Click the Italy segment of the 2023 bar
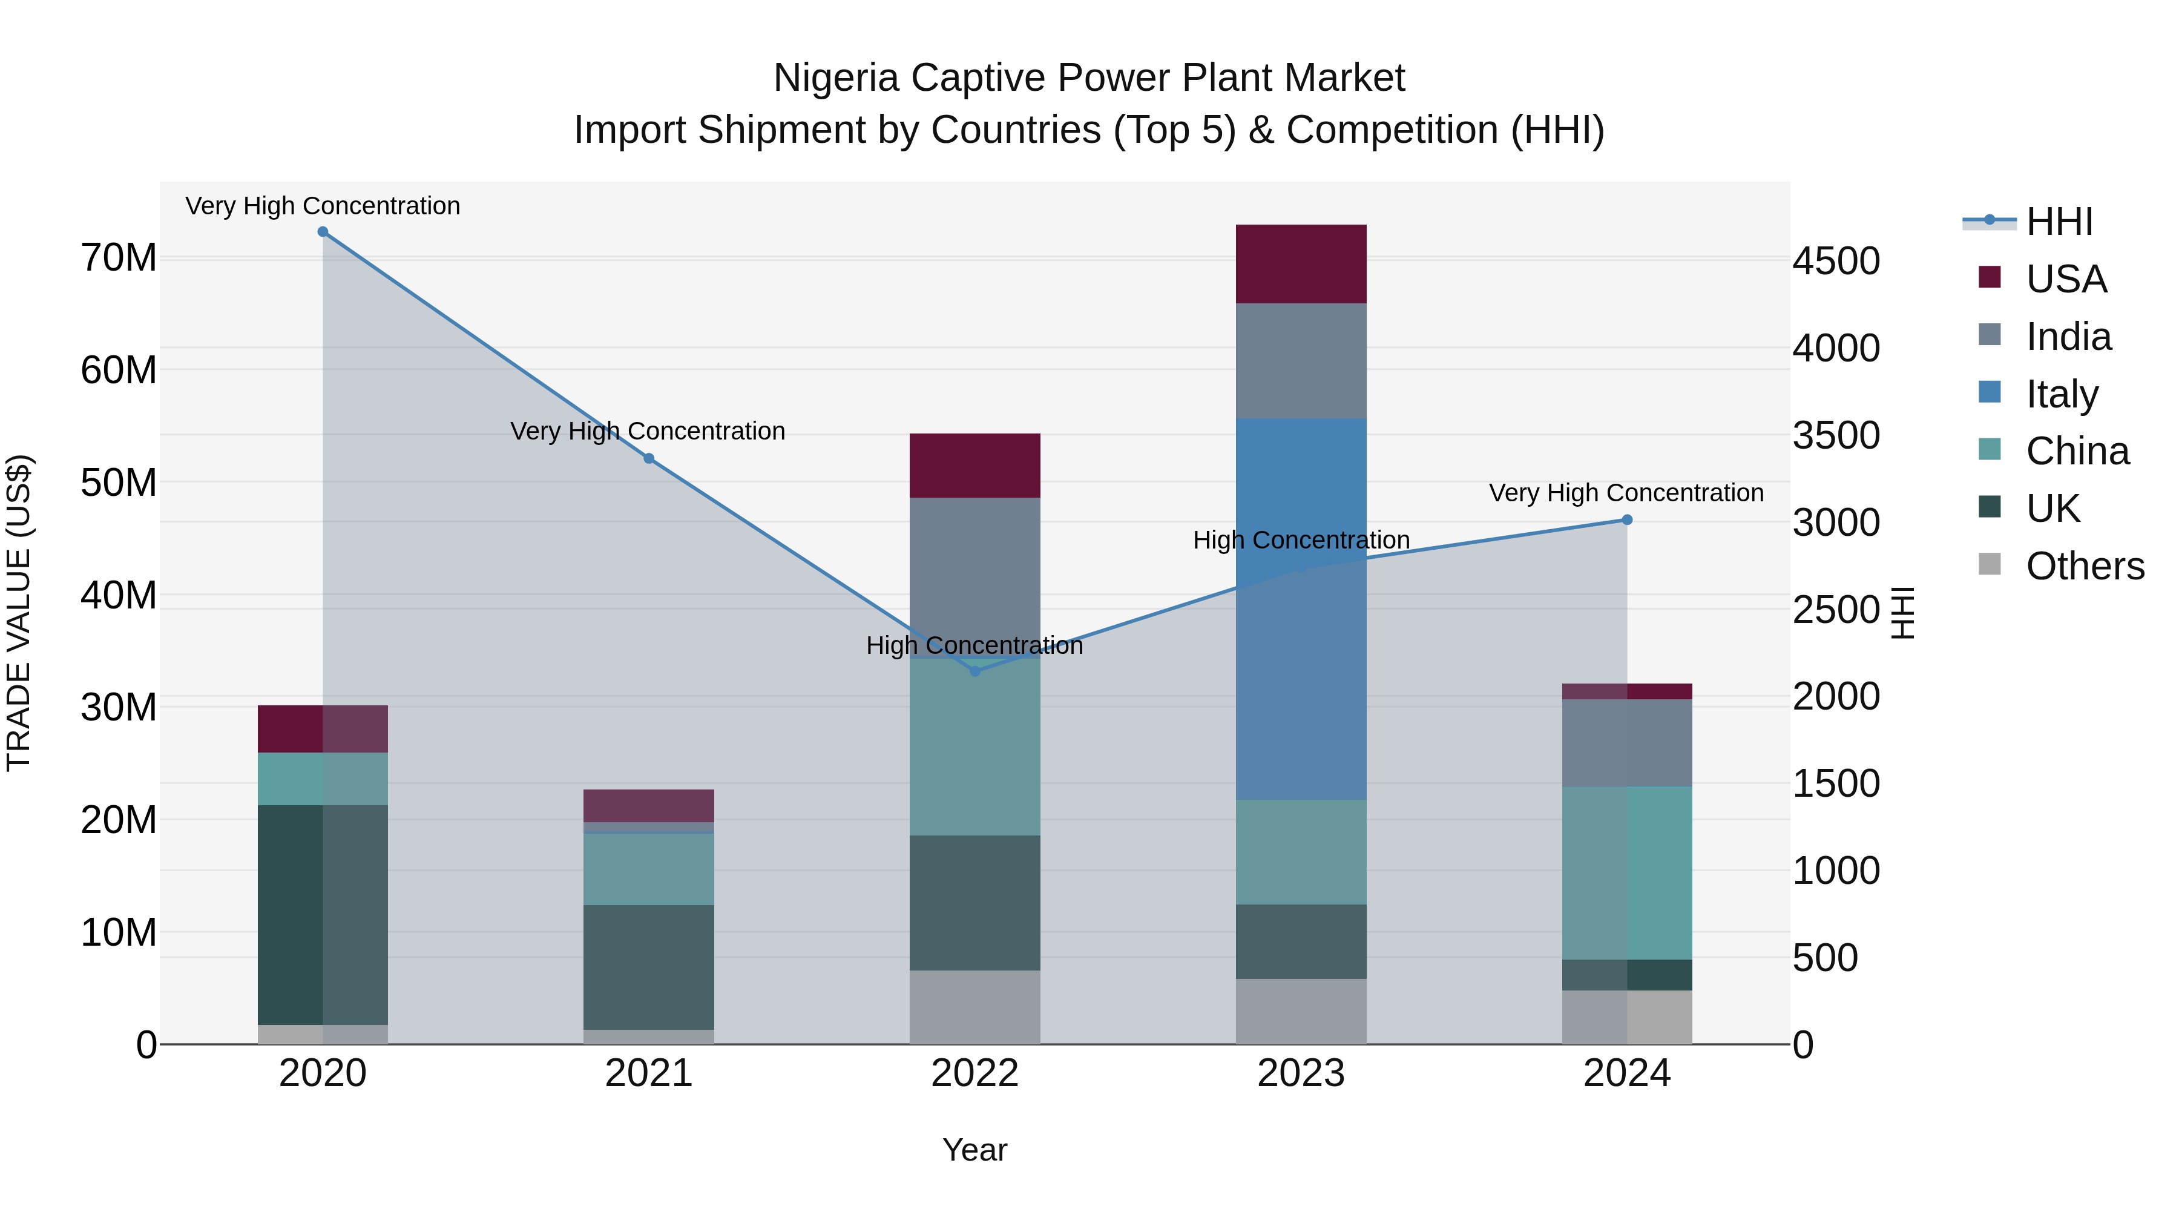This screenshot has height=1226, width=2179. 1300,608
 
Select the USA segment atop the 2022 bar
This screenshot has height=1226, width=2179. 974,466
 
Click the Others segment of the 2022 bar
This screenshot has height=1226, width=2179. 974,1007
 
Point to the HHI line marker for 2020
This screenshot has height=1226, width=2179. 322,232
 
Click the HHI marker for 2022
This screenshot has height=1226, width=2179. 974,671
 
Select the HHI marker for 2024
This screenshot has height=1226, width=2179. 1626,519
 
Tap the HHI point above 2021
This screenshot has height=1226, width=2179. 649,458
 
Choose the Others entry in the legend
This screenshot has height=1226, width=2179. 2083,566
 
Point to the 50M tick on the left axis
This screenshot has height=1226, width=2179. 119,483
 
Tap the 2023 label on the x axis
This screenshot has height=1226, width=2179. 1300,1073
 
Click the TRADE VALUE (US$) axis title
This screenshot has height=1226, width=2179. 19,613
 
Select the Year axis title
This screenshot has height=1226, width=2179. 974,1150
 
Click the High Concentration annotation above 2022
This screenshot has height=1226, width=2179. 974,645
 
